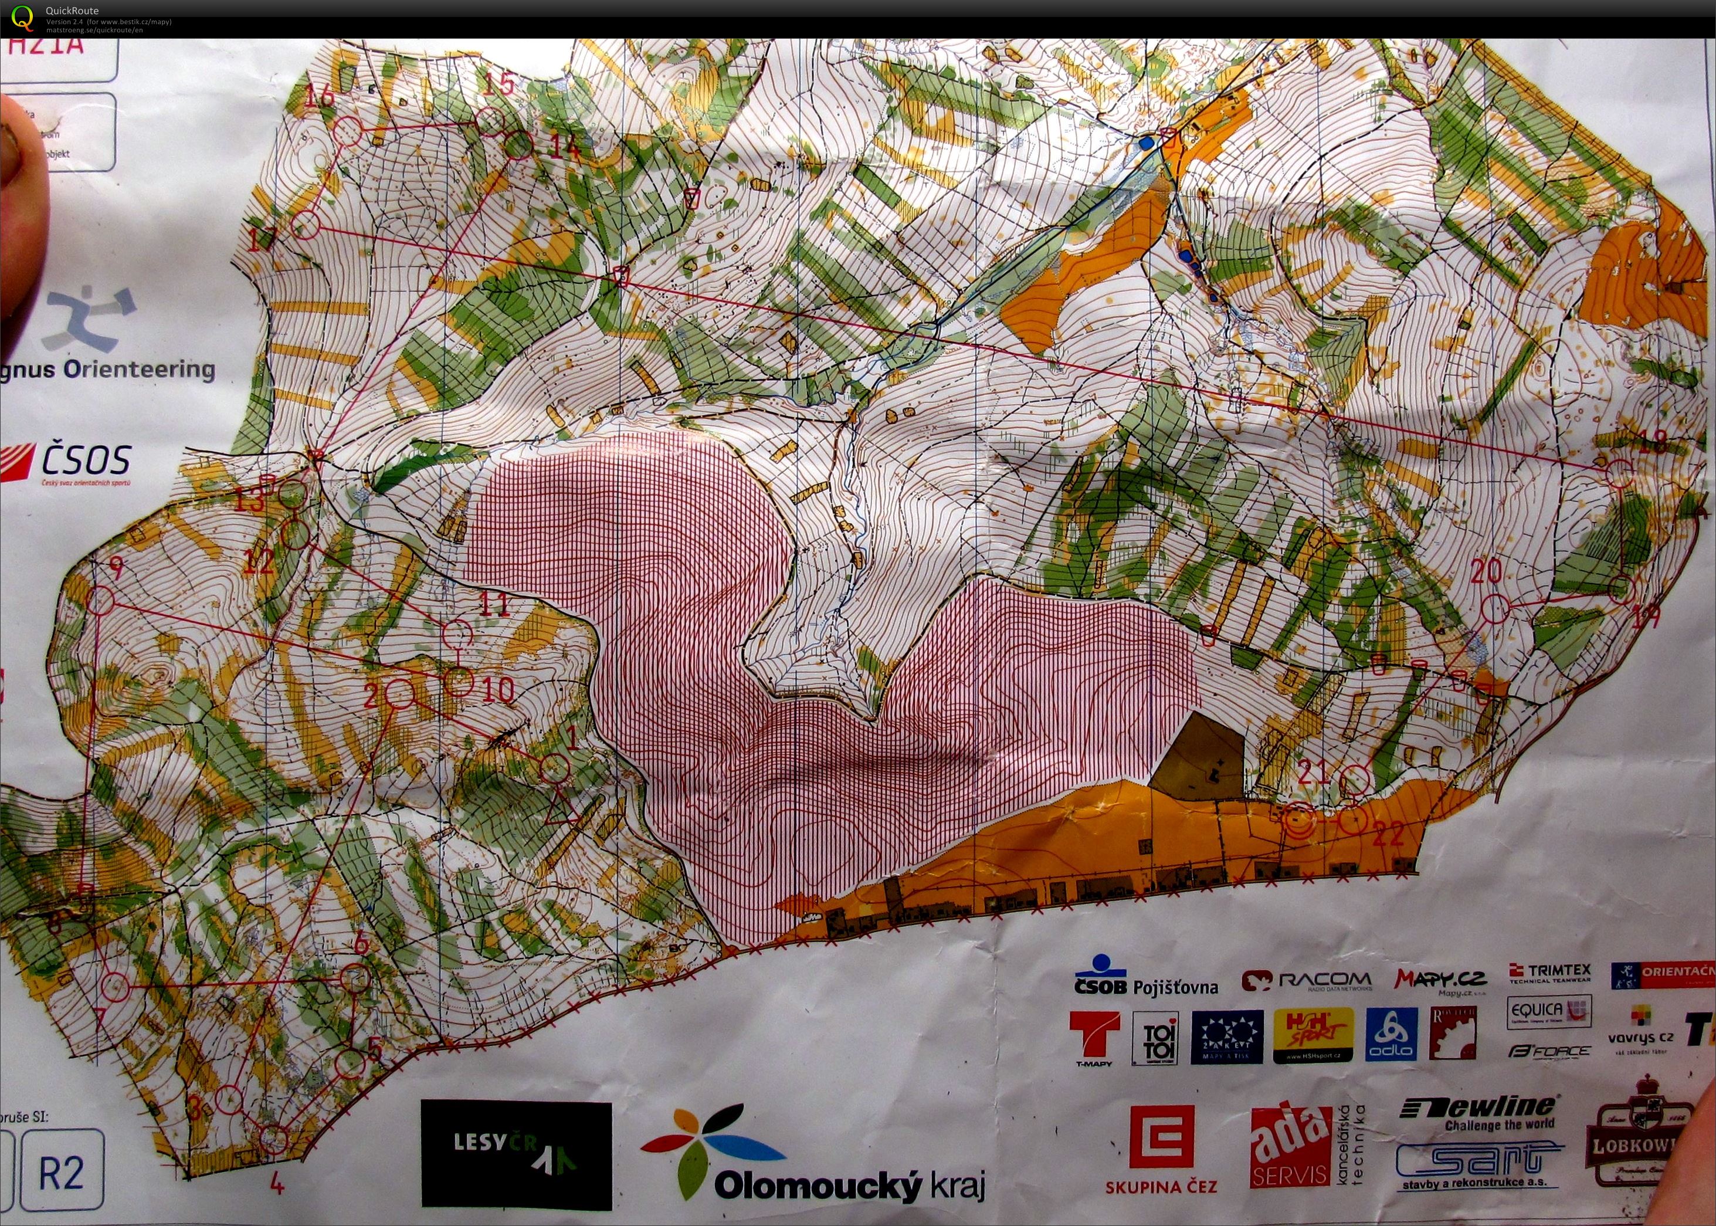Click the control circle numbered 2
click(400, 692)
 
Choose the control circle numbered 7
click(115, 985)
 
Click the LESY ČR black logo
click(516, 1156)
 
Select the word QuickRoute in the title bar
click(72, 11)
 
